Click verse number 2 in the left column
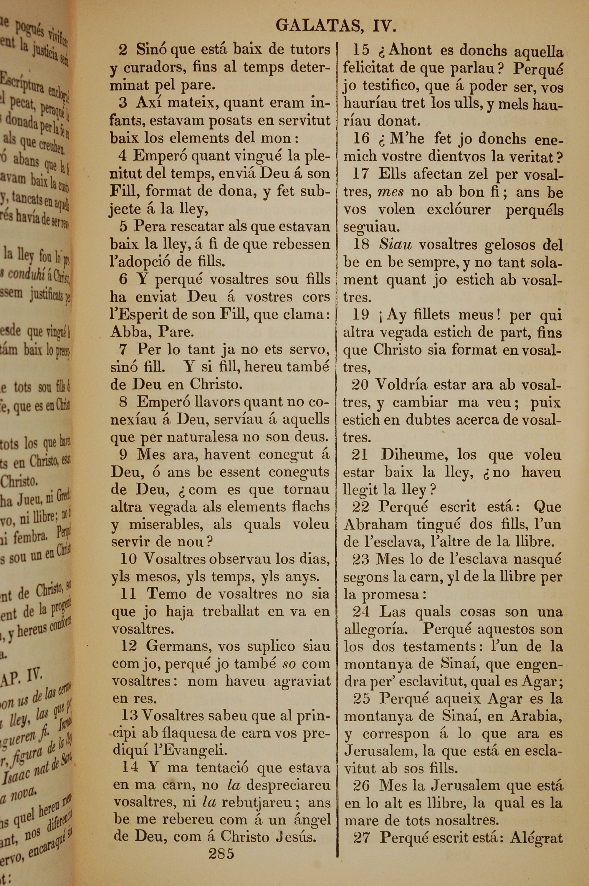123,49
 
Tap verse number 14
130,767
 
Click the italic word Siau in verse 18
395,245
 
